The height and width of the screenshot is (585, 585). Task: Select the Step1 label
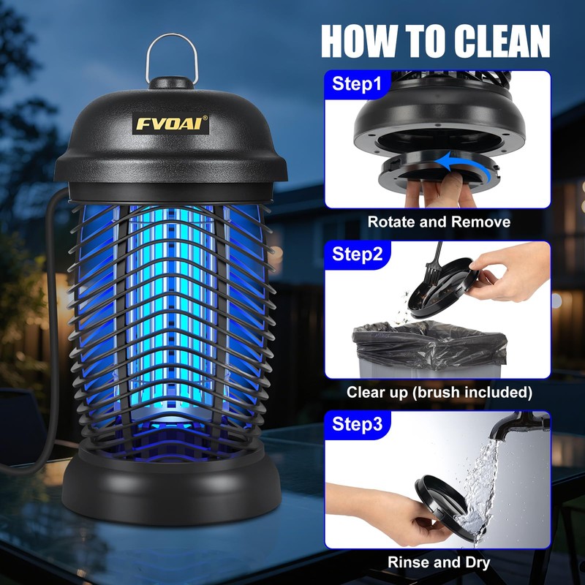coord(357,83)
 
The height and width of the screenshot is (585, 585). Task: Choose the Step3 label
coord(357,424)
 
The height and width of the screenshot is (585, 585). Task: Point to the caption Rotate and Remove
coord(438,222)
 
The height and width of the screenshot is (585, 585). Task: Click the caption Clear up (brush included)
coord(438,392)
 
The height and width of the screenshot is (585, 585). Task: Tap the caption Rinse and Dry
coord(438,562)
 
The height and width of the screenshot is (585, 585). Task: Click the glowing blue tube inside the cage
coord(172,307)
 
